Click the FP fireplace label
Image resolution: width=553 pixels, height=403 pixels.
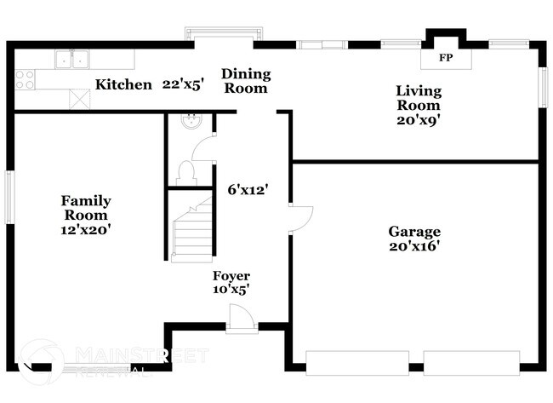pyautogui.click(x=445, y=59)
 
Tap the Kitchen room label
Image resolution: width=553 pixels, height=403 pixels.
pyautogui.click(x=123, y=84)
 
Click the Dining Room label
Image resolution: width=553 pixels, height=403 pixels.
pyautogui.click(x=247, y=81)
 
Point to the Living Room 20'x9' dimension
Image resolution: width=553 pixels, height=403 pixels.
pyautogui.click(x=418, y=120)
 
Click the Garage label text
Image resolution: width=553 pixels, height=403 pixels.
pyautogui.click(x=414, y=231)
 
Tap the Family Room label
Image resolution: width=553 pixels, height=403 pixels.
pyautogui.click(x=86, y=208)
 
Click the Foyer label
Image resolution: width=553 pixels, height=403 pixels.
pyautogui.click(x=231, y=276)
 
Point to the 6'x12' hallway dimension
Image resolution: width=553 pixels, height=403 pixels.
pyautogui.click(x=248, y=190)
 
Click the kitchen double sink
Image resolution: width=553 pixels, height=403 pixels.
pyautogui.click(x=72, y=60)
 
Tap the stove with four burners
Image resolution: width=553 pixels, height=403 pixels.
pyautogui.click(x=25, y=79)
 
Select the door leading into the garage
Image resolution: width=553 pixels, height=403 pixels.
pyautogui.click(x=301, y=219)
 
